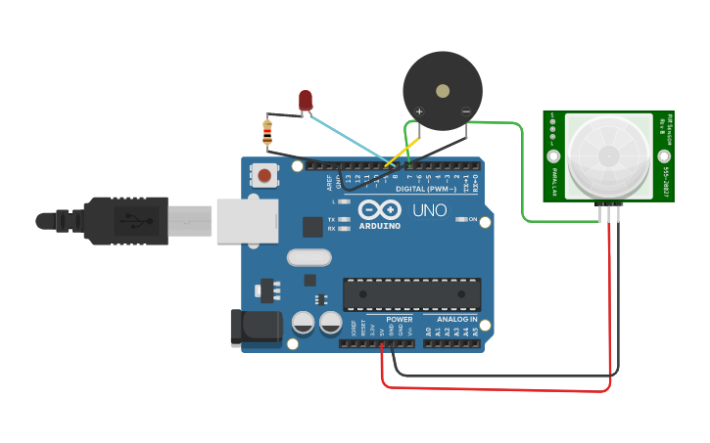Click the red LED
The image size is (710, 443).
pyautogui.click(x=306, y=100)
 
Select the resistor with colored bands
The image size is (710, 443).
pyautogui.click(x=267, y=131)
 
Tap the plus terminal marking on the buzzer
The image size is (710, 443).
pyautogui.click(x=419, y=111)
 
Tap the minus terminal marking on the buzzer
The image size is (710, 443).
pyautogui.click(x=465, y=111)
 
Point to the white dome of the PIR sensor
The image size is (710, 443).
pyautogui.click(x=608, y=155)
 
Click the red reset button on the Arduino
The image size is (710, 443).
pyautogui.click(x=264, y=176)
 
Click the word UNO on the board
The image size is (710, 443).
pyautogui.click(x=429, y=210)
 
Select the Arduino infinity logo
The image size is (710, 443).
pyautogui.click(x=380, y=209)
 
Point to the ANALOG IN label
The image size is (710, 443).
pyautogui.click(x=456, y=320)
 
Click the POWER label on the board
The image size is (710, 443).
pyautogui.click(x=399, y=320)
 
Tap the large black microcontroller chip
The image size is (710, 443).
pyautogui.click(x=411, y=292)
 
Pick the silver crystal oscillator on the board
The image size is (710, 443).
pyautogui.click(x=309, y=257)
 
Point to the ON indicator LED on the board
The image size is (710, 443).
pyautogui.click(x=462, y=219)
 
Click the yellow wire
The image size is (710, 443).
pyautogui.click(x=403, y=152)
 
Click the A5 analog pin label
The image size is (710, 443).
pyautogui.click(x=476, y=332)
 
